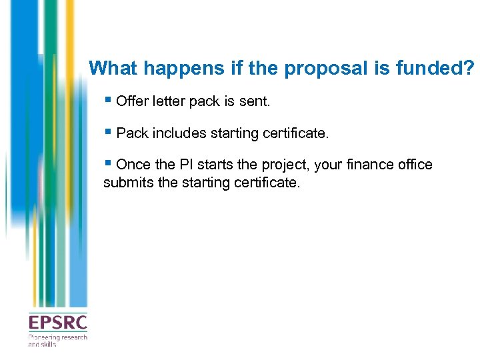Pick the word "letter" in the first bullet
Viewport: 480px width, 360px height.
[170, 102]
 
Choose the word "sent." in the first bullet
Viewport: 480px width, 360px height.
[257, 102]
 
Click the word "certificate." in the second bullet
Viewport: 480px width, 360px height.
[295, 133]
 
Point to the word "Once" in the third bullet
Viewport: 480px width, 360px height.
[133, 165]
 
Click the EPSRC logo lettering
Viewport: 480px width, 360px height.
[57, 323]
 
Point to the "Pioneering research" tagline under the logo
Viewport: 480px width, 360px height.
[57, 338]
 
